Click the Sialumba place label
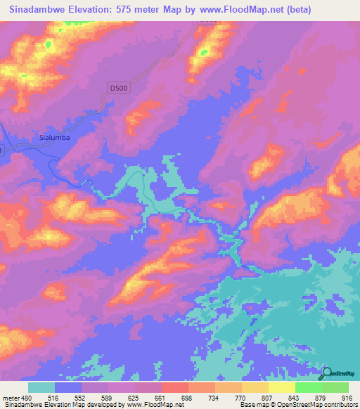click(55, 138)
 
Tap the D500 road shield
click(119, 88)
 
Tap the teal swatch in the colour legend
click(42, 387)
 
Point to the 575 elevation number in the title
click(127, 9)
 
